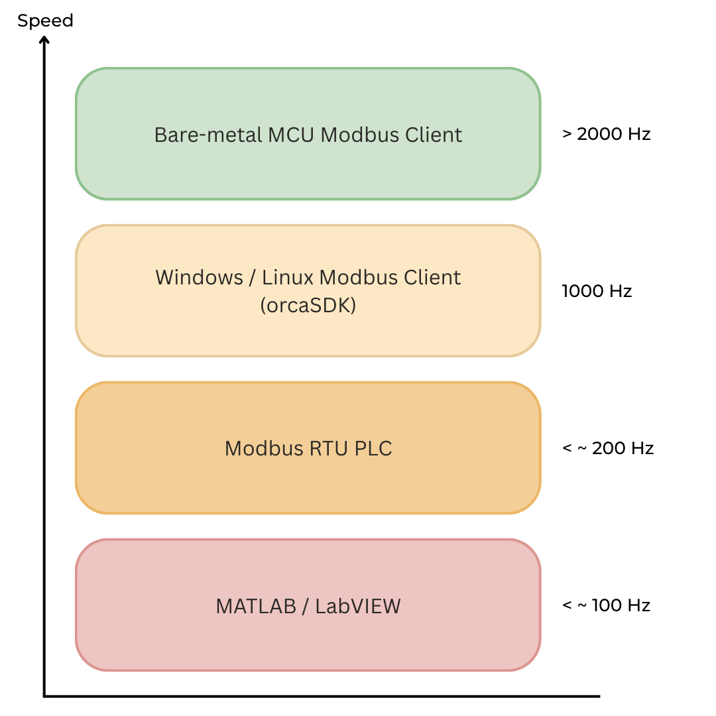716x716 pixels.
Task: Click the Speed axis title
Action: coord(45,21)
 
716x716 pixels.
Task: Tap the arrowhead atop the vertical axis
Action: coord(44,40)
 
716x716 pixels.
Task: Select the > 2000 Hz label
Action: coord(606,134)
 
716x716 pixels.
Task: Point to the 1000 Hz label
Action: coord(597,291)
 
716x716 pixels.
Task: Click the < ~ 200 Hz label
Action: coord(608,448)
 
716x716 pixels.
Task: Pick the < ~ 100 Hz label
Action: coord(606,605)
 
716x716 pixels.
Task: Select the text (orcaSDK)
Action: coord(308,306)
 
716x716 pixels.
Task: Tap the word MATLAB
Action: coord(256,606)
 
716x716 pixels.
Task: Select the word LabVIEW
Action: coord(358,606)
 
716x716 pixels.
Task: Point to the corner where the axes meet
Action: coord(44,696)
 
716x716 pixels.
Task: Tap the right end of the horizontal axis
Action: coord(599,696)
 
